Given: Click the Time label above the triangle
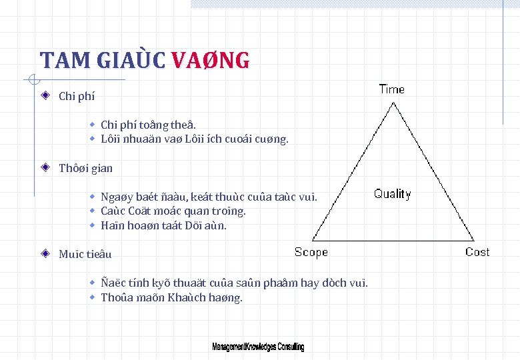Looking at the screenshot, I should tap(391, 89).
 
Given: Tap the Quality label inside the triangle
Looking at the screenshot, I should tap(392, 194).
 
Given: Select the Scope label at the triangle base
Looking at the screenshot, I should tap(311, 252).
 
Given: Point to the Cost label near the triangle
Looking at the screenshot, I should tap(477, 252).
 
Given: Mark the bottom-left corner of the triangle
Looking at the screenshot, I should tap(313, 241).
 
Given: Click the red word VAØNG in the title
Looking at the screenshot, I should tap(211, 61).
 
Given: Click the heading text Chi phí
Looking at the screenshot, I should tap(77, 96).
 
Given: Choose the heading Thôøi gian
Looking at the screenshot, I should tap(86, 168).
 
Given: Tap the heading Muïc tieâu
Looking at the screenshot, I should tap(85, 254).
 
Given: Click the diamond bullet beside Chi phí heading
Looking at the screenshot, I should tap(45, 95).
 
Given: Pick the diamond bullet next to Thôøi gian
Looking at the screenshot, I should tap(45, 167).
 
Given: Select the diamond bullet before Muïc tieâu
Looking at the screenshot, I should tap(45, 253).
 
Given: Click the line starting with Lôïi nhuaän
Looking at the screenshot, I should tap(194, 139).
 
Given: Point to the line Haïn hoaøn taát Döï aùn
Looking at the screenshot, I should tap(163, 225).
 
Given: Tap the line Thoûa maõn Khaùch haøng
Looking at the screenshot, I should tap(171, 297).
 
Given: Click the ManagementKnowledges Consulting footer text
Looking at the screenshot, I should tap(258, 347).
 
